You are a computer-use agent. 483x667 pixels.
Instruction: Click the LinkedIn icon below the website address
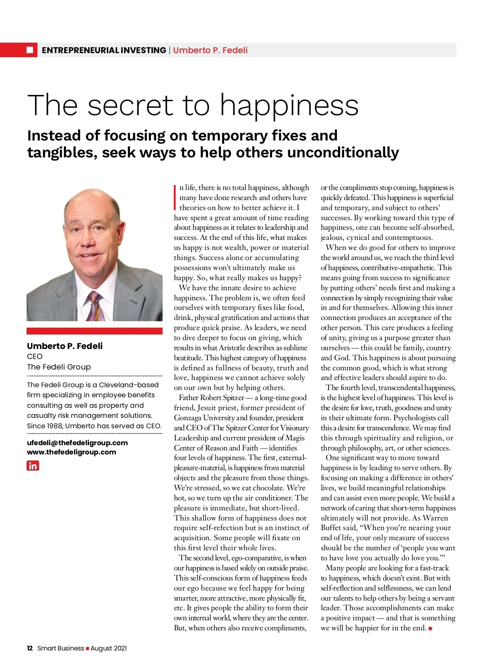point(33,466)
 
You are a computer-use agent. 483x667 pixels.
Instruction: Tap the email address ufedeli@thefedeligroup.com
point(77,442)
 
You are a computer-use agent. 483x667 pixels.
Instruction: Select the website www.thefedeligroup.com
point(71,452)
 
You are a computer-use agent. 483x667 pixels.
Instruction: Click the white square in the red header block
point(30,50)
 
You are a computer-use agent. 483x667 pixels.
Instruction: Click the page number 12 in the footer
point(30,648)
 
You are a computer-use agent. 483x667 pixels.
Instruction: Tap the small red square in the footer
point(87,648)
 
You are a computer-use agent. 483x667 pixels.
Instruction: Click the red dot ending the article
point(430,628)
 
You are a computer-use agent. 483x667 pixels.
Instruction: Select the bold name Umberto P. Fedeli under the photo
point(65,346)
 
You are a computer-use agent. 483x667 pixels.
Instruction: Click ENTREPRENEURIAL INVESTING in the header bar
point(104,50)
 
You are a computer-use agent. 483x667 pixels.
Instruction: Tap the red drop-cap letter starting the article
point(175,198)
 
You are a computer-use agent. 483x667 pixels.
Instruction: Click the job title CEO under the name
point(35,356)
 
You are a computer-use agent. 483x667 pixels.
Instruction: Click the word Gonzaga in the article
point(188,418)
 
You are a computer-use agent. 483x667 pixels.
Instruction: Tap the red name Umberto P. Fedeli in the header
point(210,50)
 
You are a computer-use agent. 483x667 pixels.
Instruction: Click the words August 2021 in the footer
point(109,648)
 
